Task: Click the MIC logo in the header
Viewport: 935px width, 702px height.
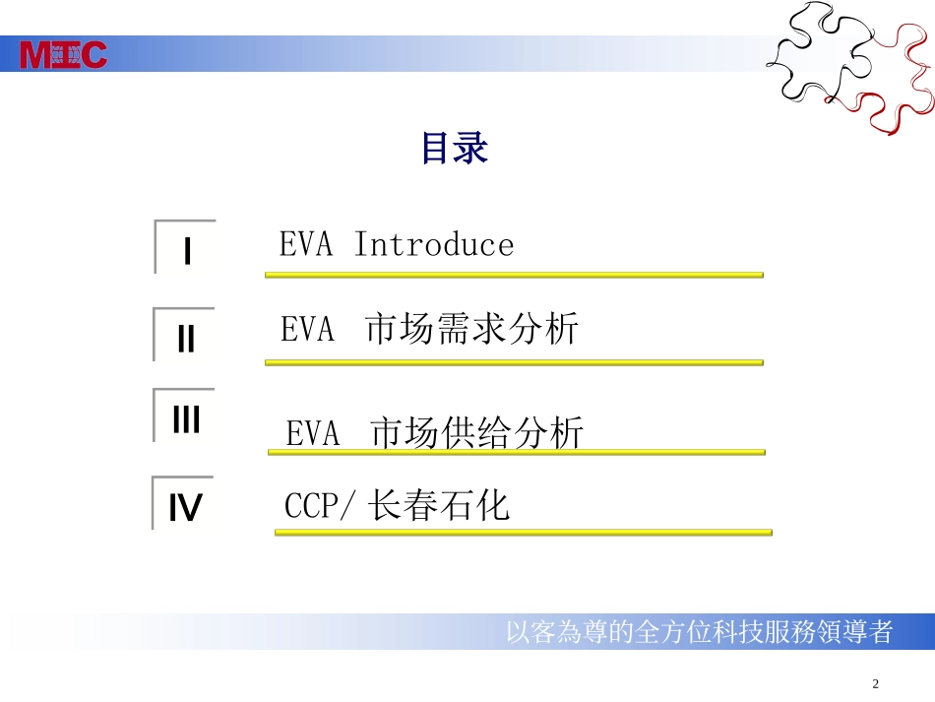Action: point(64,54)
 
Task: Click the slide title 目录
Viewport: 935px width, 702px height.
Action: point(455,150)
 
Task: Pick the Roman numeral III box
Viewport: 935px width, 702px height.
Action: point(185,418)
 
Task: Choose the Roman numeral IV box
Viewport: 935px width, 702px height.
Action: point(185,506)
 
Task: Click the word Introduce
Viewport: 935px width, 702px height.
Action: point(433,244)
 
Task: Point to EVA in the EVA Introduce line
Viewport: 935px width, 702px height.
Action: point(306,244)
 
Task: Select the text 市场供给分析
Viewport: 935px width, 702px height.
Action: point(477,433)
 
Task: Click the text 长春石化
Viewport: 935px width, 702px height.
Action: point(440,507)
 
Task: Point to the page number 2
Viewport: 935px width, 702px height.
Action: point(876,684)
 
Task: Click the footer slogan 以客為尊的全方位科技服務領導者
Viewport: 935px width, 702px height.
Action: point(699,631)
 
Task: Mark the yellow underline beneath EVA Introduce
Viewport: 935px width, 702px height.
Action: point(514,276)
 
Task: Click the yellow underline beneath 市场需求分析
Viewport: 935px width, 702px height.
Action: point(514,362)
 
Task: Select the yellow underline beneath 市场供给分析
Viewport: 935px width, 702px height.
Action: point(517,453)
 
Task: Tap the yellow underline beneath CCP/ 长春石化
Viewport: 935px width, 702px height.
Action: point(523,533)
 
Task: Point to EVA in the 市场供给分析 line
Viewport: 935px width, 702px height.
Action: point(313,433)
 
